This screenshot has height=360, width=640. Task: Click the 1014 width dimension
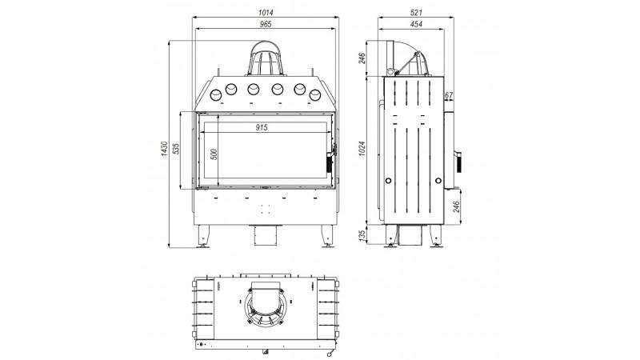coord(266,13)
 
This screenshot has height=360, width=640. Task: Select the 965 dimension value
coord(266,24)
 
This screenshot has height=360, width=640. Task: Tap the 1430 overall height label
coord(164,149)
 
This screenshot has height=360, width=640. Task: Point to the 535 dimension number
coord(176,149)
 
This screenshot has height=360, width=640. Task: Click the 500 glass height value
coord(214,154)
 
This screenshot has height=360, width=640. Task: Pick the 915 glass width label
coord(262,128)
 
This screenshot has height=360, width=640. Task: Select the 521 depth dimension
coord(416,13)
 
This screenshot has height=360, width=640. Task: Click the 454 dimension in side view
coord(416,24)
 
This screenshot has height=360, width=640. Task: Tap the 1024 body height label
coord(362,149)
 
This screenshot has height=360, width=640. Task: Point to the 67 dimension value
coord(449,95)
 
